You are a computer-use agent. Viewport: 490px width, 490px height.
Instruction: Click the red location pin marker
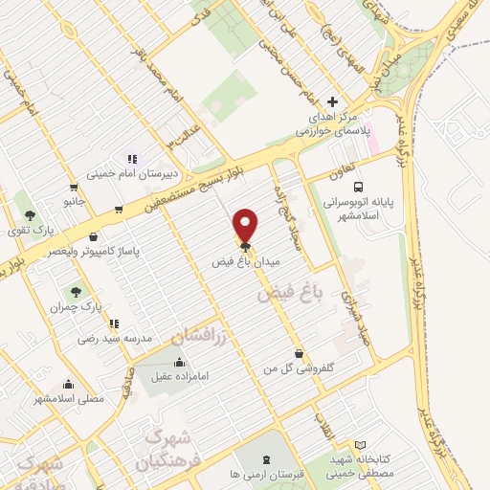point(246,225)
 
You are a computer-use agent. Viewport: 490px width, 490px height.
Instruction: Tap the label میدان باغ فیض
point(246,260)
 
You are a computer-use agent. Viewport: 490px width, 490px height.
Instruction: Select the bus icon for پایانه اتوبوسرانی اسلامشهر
point(358,188)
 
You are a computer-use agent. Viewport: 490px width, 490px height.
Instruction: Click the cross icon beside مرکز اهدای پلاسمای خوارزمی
point(333,101)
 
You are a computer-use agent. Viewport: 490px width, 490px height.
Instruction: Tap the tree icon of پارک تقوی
point(31,215)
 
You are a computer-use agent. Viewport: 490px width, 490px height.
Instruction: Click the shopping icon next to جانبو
point(73,188)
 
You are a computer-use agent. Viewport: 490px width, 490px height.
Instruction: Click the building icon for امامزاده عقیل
point(180,362)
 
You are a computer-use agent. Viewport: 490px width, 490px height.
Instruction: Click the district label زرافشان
point(202,335)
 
